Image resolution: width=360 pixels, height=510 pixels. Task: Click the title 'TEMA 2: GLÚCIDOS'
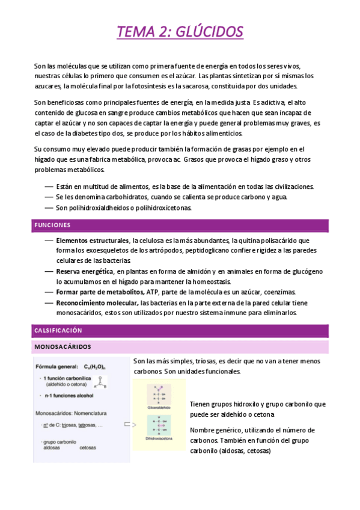click(x=180, y=31)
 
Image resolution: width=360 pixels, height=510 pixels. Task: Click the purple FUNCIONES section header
click(x=53, y=226)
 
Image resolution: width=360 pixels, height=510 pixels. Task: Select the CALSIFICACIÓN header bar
click(x=58, y=331)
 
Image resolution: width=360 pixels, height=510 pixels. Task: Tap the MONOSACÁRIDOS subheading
click(x=63, y=347)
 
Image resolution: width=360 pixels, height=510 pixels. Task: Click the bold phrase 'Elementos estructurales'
click(x=93, y=241)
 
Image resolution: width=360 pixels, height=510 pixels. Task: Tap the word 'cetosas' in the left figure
click(x=88, y=448)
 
